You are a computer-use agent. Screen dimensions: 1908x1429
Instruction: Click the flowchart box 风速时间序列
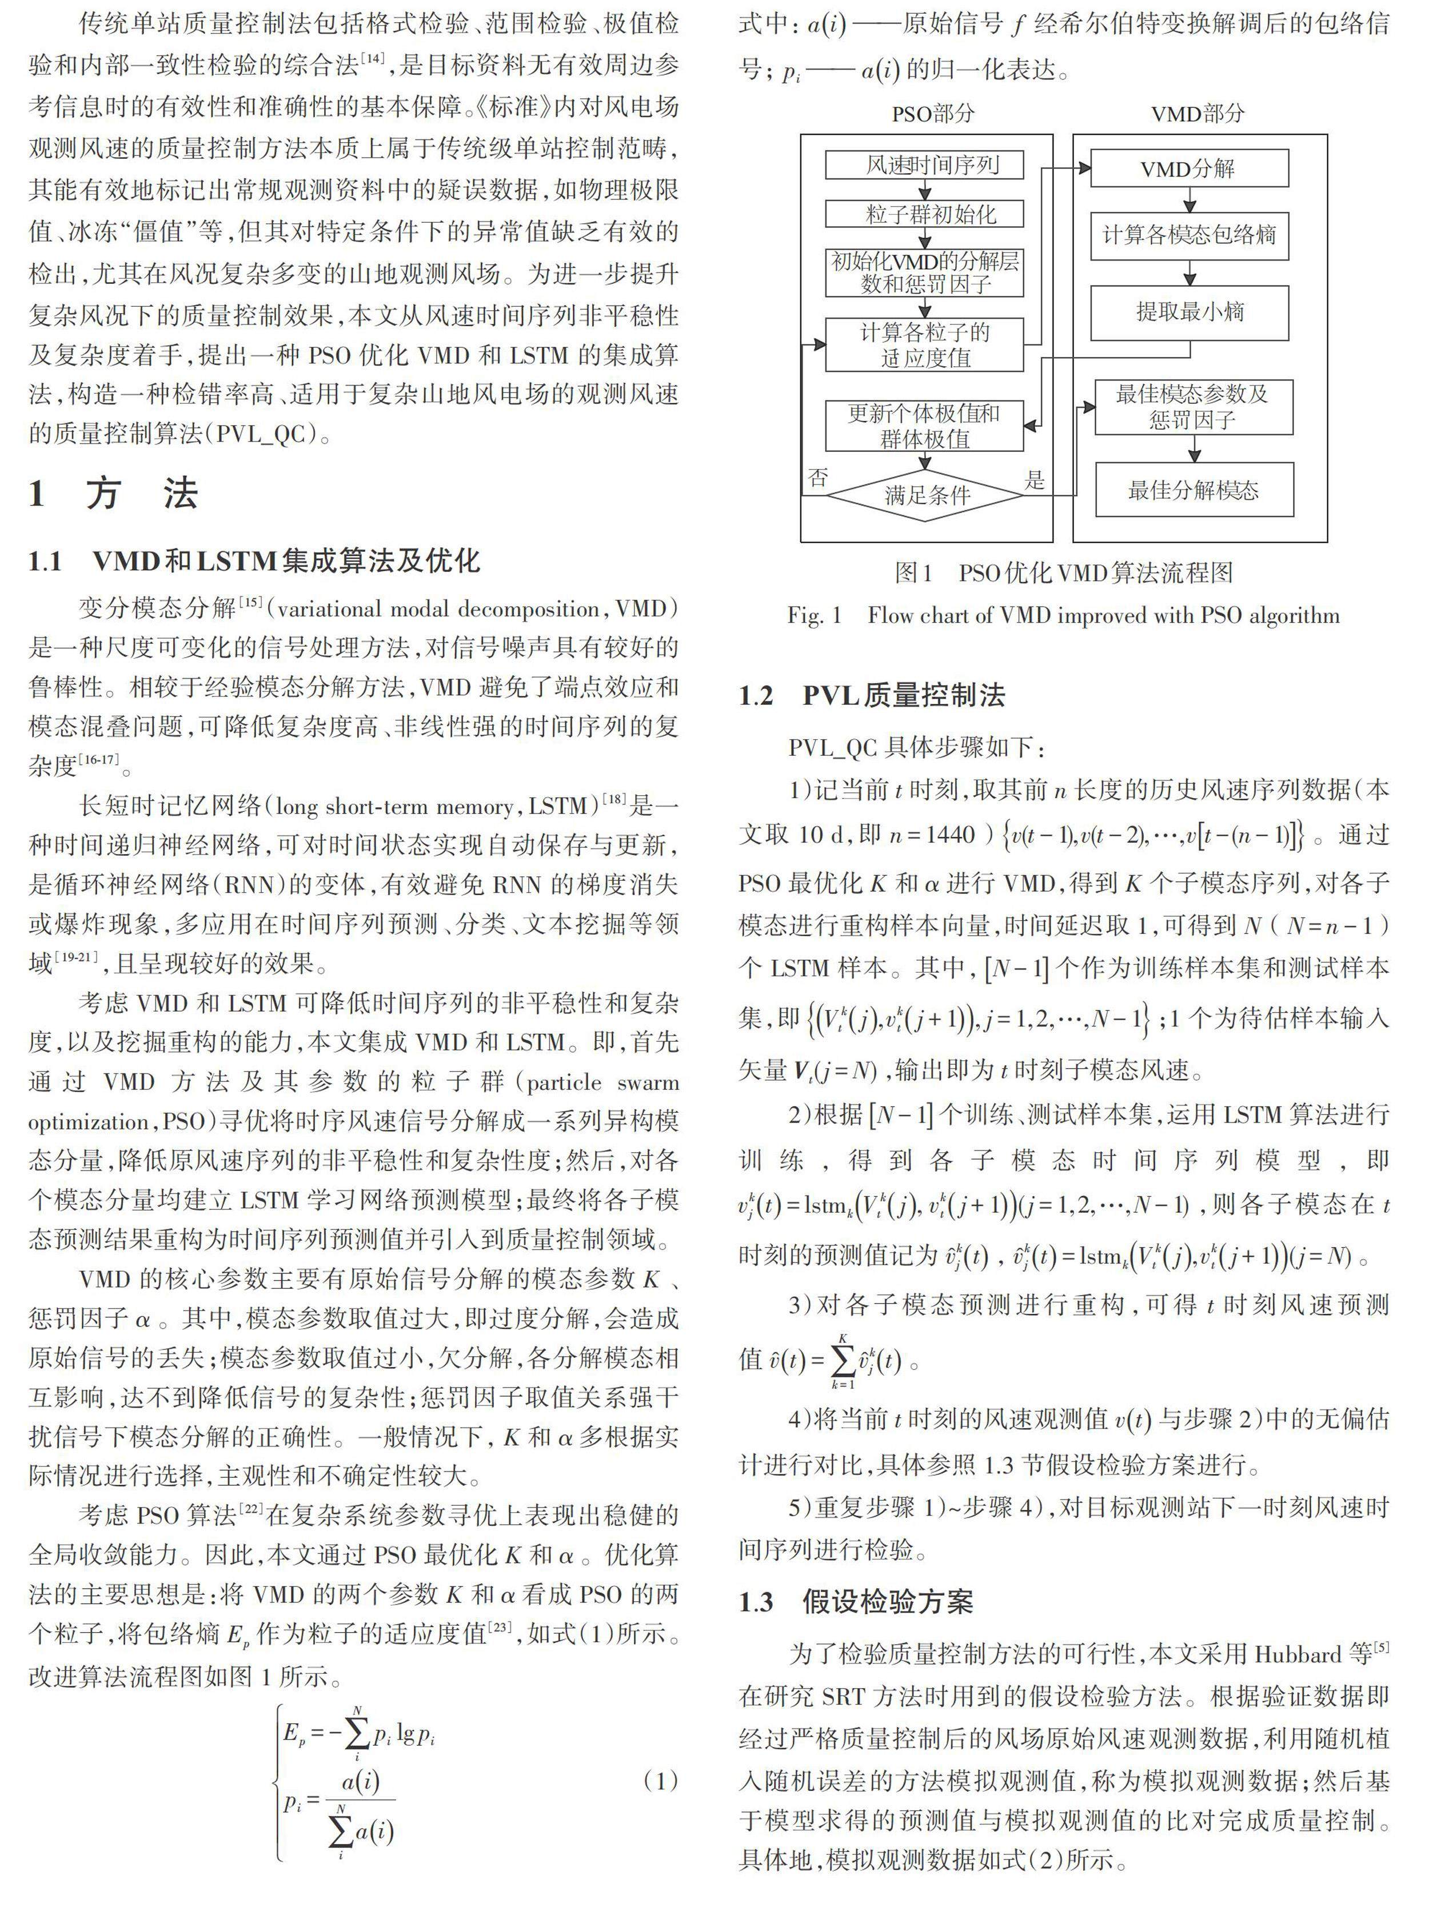pos(924,165)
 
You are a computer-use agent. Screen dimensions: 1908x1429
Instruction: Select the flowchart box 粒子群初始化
pos(924,214)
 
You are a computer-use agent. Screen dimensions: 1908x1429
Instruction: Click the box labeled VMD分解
pos(1188,169)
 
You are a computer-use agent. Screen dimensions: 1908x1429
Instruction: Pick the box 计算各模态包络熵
pos(1188,235)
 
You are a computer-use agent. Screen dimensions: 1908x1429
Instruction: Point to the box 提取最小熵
pos(1188,312)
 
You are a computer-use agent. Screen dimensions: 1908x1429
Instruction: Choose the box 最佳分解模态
pos(1194,490)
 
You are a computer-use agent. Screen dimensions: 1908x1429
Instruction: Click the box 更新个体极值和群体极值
pos(924,425)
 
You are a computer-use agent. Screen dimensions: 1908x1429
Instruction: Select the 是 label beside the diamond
pos(1035,480)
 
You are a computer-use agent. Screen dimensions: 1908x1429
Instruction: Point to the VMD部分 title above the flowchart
pos(1198,113)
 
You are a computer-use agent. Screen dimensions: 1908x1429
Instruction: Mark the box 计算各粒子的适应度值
pos(924,345)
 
